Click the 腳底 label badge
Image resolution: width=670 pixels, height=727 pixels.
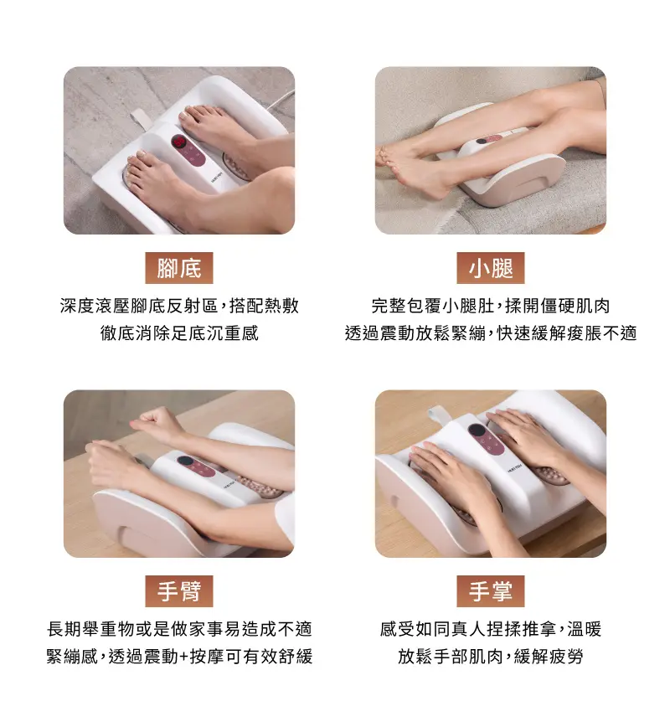(x=179, y=268)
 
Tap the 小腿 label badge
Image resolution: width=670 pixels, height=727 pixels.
(x=491, y=268)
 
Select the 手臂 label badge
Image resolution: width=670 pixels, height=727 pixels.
(x=179, y=591)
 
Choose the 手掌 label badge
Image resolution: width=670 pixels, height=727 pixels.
(x=491, y=591)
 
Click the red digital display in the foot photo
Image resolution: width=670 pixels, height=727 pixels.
(x=179, y=141)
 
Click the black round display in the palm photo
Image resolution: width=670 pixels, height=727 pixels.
(x=477, y=431)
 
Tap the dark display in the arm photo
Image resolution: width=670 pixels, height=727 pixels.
(x=185, y=461)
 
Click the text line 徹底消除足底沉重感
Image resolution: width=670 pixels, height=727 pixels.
(x=179, y=333)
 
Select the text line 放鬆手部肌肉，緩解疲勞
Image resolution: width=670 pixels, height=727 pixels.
(x=491, y=657)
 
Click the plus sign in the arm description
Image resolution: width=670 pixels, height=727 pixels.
(x=183, y=657)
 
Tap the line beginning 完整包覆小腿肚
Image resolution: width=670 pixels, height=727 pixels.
(x=491, y=306)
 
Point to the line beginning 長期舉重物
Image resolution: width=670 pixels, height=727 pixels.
(x=179, y=629)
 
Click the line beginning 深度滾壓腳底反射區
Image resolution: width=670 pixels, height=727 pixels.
(x=179, y=306)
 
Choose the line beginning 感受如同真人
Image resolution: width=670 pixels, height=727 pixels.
(x=491, y=629)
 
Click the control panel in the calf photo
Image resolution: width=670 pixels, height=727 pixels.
(x=489, y=139)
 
